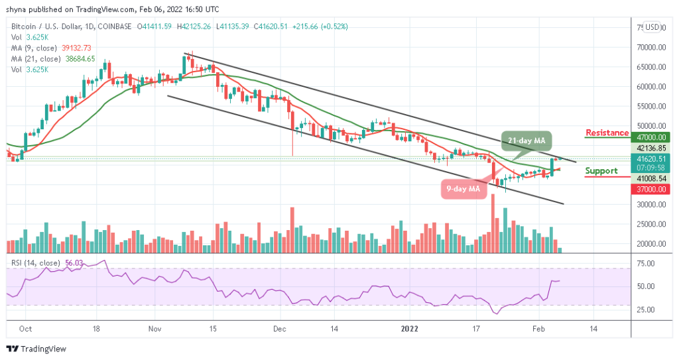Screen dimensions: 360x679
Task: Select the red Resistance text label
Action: [x=607, y=133]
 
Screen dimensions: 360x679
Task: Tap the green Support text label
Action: [x=601, y=171]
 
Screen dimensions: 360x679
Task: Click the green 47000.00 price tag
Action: [x=647, y=138]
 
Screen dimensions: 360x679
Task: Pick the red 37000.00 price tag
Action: [x=647, y=189]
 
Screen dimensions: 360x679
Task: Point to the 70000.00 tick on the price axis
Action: [x=648, y=48]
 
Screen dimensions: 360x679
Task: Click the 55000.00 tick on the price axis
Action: [x=648, y=106]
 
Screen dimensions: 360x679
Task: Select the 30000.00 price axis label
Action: [x=648, y=204]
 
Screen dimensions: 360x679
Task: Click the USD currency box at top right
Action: [x=652, y=28]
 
